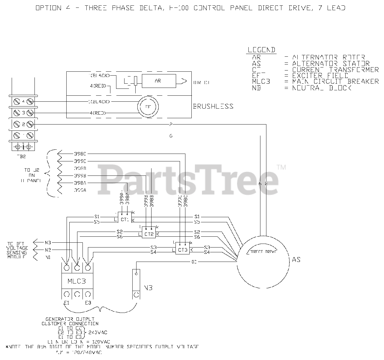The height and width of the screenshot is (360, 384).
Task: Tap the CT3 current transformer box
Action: [183, 250]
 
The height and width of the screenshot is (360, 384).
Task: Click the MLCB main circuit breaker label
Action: [76, 281]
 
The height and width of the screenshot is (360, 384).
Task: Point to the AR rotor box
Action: [159, 81]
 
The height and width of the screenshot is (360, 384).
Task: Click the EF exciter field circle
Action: [148, 106]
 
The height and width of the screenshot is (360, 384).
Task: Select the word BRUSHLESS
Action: [213, 106]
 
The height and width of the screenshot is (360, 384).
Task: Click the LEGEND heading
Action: [261, 50]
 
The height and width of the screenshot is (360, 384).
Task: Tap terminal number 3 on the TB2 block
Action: [23, 113]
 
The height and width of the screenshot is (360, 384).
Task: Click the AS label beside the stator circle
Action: [296, 260]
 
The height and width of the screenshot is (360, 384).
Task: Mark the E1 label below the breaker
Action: [66, 303]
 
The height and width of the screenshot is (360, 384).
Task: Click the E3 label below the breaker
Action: [88, 303]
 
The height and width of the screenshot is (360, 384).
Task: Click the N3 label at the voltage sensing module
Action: [48, 242]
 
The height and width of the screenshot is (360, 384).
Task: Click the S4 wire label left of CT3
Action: [154, 252]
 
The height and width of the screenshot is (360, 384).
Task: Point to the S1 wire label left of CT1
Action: [97, 216]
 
